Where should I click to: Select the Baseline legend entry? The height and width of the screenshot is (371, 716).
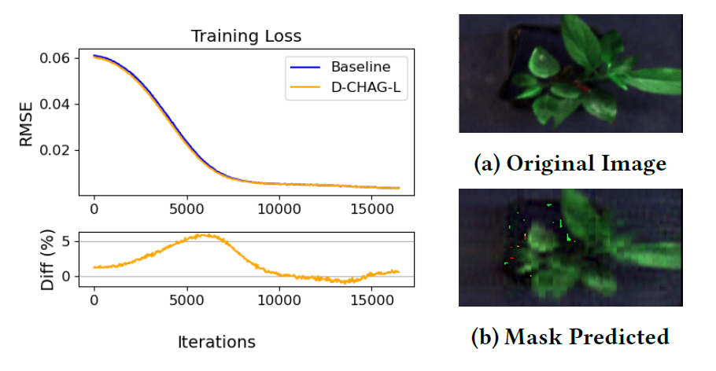tap(360, 66)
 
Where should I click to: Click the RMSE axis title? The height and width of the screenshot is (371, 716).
tap(25, 127)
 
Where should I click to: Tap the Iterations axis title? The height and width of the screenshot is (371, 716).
tap(216, 342)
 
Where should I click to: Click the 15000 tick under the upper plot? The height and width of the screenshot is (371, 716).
tap(372, 210)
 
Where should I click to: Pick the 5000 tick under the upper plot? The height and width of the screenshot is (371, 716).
tap(186, 210)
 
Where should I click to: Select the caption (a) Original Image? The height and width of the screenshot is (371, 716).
tap(570, 163)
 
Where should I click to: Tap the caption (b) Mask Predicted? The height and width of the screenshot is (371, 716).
tap(570, 337)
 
